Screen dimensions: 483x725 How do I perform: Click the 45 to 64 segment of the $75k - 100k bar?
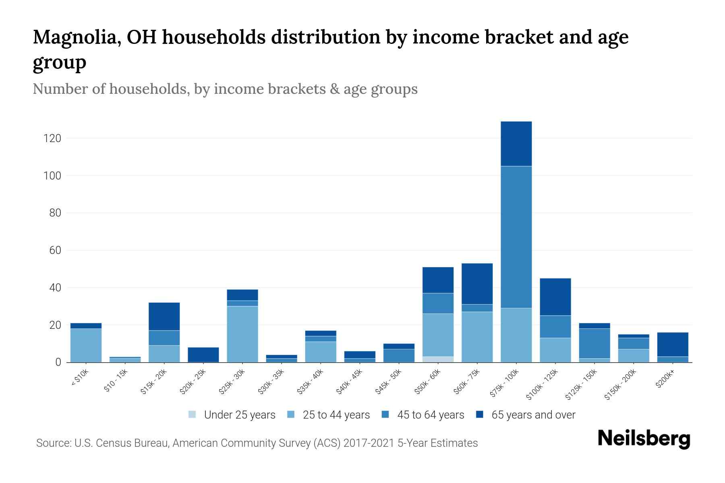pyautogui.click(x=516, y=237)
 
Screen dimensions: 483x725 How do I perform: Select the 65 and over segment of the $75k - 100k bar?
pyautogui.click(x=516, y=144)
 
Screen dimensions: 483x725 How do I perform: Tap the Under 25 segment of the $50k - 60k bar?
pyautogui.click(x=438, y=359)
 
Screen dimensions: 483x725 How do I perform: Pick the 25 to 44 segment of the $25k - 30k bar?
pyautogui.click(x=242, y=334)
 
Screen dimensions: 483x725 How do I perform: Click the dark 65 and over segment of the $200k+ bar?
pyautogui.click(x=673, y=345)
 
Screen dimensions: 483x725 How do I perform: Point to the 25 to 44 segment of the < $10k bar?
pyautogui.click(x=86, y=345)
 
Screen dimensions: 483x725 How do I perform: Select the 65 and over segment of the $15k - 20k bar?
pyautogui.click(x=164, y=316)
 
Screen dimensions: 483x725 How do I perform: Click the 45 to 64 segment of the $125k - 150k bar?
pyautogui.click(x=594, y=343)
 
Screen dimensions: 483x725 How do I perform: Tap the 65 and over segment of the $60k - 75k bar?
pyautogui.click(x=477, y=284)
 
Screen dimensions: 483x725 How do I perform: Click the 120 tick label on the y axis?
pyautogui.click(x=52, y=138)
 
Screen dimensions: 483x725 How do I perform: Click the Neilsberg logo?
pyautogui.click(x=644, y=439)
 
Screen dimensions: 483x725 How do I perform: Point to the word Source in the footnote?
pyautogui.click(x=53, y=443)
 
